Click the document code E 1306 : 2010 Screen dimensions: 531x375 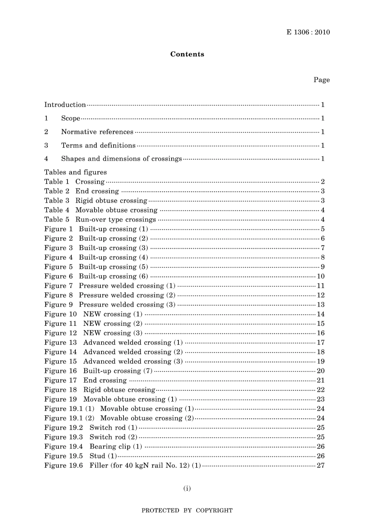[x=308, y=32]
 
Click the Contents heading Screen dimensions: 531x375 [x=187, y=54]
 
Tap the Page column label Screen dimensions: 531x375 [x=321, y=80]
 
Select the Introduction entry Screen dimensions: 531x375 [x=65, y=105]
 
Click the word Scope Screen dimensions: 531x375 [x=71, y=118]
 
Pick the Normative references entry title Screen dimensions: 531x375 [x=97, y=132]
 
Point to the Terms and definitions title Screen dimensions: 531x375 [x=98, y=145]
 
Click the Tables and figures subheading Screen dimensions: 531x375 [x=75, y=172]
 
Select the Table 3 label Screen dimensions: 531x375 [x=56, y=201]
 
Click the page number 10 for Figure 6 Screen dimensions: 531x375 [x=321, y=276]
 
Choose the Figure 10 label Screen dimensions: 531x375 [x=60, y=314]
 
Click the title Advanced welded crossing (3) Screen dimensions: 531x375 [x=133, y=362]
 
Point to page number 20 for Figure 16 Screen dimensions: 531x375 [x=321, y=371]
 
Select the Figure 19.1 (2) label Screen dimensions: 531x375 [x=69, y=418]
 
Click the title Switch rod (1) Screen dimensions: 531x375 [x=113, y=428]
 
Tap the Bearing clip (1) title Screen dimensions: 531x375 [x=116, y=447]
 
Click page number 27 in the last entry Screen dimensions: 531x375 [x=321, y=466]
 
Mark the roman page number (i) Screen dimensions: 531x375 [x=187, y=489]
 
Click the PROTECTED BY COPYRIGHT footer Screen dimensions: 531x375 [x=187, y=510]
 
